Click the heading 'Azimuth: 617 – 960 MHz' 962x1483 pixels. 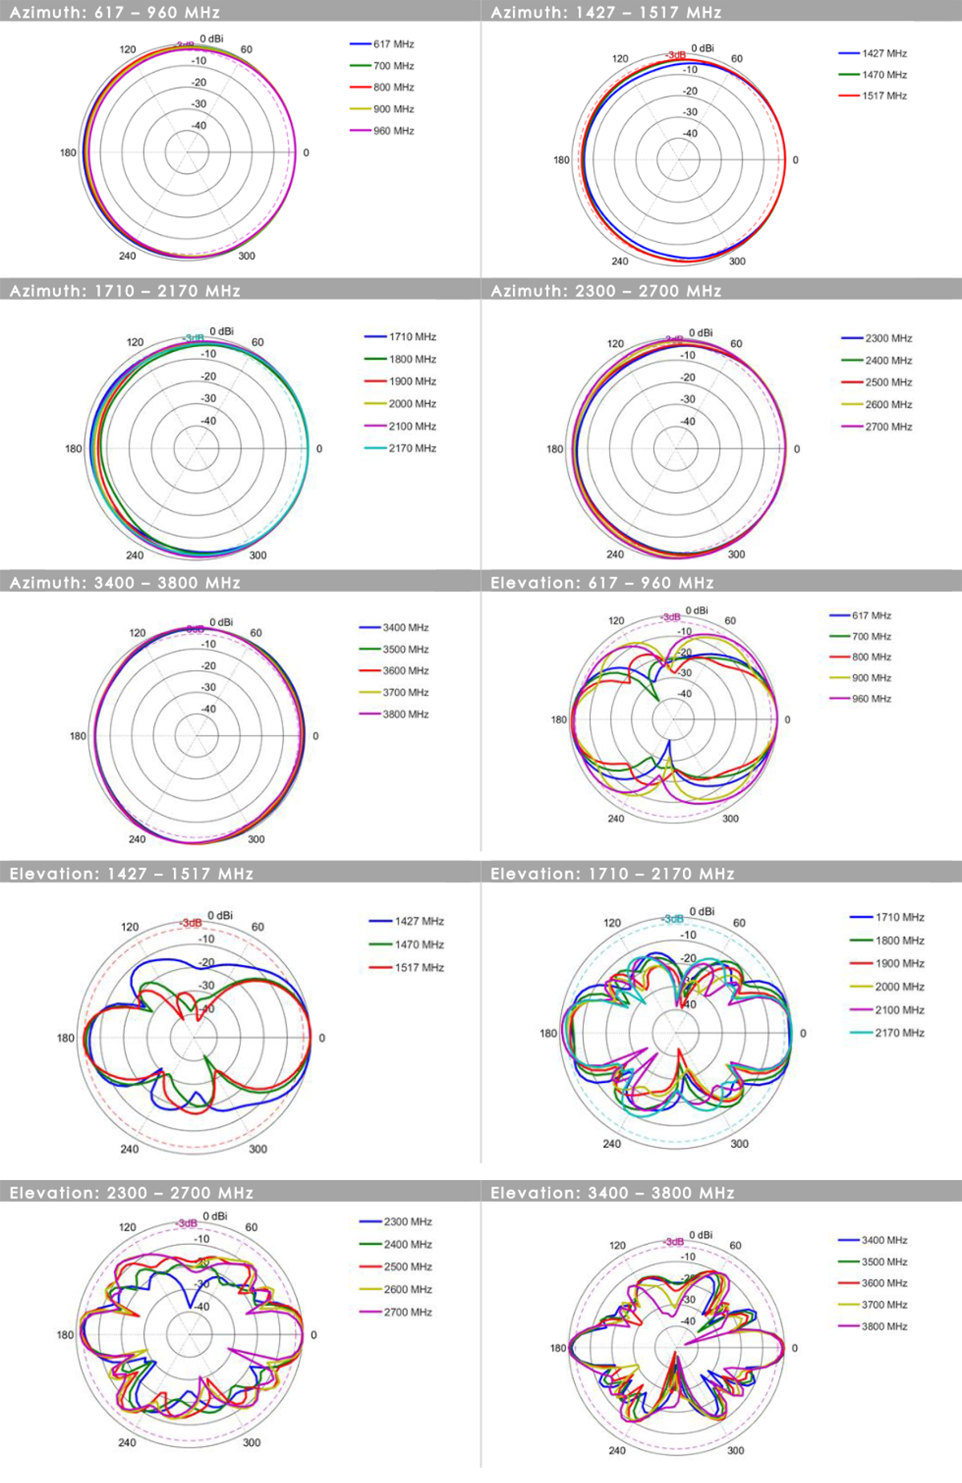tap(115, 12)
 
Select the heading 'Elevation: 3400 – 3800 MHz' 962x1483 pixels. tap(612, 1193)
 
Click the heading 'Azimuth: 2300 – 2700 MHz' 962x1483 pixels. tap(606, 291)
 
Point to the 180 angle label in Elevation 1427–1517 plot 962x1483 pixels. tap(65, 1038)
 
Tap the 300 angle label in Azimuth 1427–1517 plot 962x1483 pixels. tap(737, 261)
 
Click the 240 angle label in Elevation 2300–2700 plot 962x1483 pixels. tap(127, 1442)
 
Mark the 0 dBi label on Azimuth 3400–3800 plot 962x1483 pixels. tap(221, 622)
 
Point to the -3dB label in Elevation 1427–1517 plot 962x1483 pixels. tap(192, 923)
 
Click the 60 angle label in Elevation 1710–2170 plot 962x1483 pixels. tap(739, 923)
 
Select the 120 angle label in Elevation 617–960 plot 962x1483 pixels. tap(616, 620)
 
